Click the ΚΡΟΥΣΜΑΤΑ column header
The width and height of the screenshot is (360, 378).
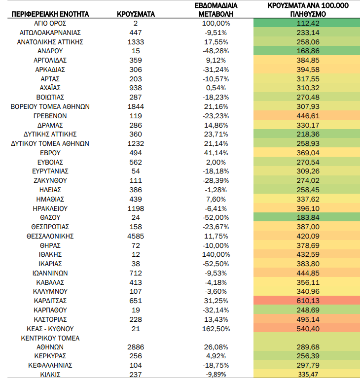click(x=136, y=14)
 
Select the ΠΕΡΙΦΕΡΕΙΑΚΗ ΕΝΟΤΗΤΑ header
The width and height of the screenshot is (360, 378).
click(x=50, y=14)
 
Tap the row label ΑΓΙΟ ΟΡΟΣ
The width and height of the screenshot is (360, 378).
click(x=50, y=23)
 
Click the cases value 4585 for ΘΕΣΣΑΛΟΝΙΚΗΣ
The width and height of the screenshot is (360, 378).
click(x=136, y=236)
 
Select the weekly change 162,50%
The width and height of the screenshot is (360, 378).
click(x=216, y=329)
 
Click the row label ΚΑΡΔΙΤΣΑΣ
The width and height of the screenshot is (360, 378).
click(x=50, y=301)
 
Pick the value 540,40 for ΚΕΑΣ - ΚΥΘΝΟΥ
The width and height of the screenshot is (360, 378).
click(x=308, y=329)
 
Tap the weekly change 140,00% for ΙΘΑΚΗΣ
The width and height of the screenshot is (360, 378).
click(x=216, y=254)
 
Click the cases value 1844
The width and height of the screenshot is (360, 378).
click(x=136, y=106)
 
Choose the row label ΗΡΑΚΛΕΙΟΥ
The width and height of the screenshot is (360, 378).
click(x=50, y=208)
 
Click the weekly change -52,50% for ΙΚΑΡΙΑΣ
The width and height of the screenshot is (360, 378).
click(x=216, y=264)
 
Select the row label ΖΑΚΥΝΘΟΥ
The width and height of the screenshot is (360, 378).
click(x=50, y=180)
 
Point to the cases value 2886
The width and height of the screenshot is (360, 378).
click(x=136, y=347)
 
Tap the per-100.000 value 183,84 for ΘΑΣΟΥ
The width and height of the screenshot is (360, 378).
click(x=308, y=217)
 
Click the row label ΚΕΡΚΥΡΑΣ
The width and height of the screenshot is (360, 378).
click(x=50, y=356)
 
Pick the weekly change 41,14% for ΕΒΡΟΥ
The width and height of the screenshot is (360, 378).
click(x=216, y=153)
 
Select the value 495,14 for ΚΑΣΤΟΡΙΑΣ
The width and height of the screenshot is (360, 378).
click(x=308, y=319)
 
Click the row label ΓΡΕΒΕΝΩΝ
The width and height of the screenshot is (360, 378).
click(x=50, y=116)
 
